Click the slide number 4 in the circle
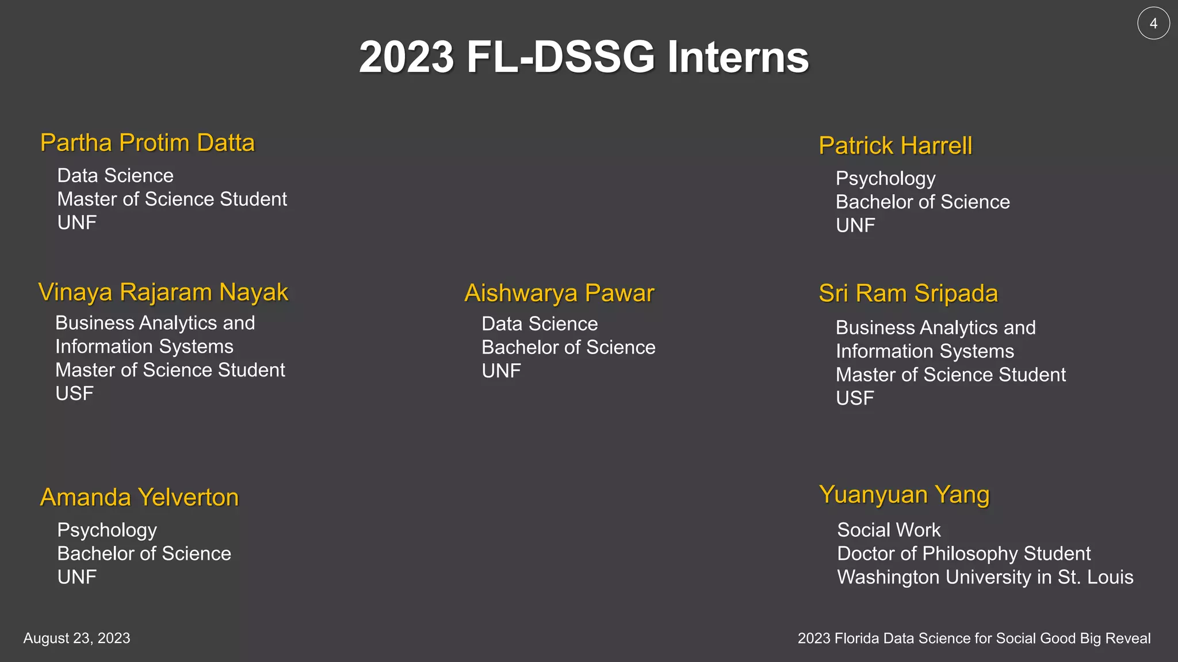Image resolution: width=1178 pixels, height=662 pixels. point(1153,24)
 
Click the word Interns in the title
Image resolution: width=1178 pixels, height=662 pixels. point(738,57)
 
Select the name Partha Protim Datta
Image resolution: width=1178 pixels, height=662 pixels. point(147,143)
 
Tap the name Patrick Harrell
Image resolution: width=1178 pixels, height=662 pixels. point(896,145)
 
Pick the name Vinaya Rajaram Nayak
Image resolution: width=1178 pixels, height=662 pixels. point(163,292)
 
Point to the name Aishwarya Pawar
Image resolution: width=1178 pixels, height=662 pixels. point(559,293)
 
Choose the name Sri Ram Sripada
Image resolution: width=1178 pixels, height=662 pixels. point(908,293)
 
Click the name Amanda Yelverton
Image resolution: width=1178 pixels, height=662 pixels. point(139,497)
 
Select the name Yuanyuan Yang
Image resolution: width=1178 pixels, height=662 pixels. point(904,494)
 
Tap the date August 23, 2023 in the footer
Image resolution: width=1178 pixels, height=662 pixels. point(77,638)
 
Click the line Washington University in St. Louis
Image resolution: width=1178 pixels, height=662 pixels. point(985,577)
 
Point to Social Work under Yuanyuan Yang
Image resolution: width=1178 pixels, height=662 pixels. point(889,530)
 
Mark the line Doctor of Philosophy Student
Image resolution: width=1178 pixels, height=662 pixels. point(963,553)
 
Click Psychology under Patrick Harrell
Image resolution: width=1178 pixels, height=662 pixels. point(885,179)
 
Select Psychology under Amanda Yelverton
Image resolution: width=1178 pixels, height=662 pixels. point(107,530)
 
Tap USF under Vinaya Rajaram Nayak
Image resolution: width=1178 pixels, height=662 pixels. point(74,394)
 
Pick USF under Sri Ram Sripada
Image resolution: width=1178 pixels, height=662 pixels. point(855,398)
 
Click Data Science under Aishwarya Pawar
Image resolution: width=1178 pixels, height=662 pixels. point(540,324)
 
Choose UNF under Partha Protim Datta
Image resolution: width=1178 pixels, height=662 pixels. point(77,223)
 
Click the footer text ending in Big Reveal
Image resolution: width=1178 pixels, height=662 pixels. point(974,638)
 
